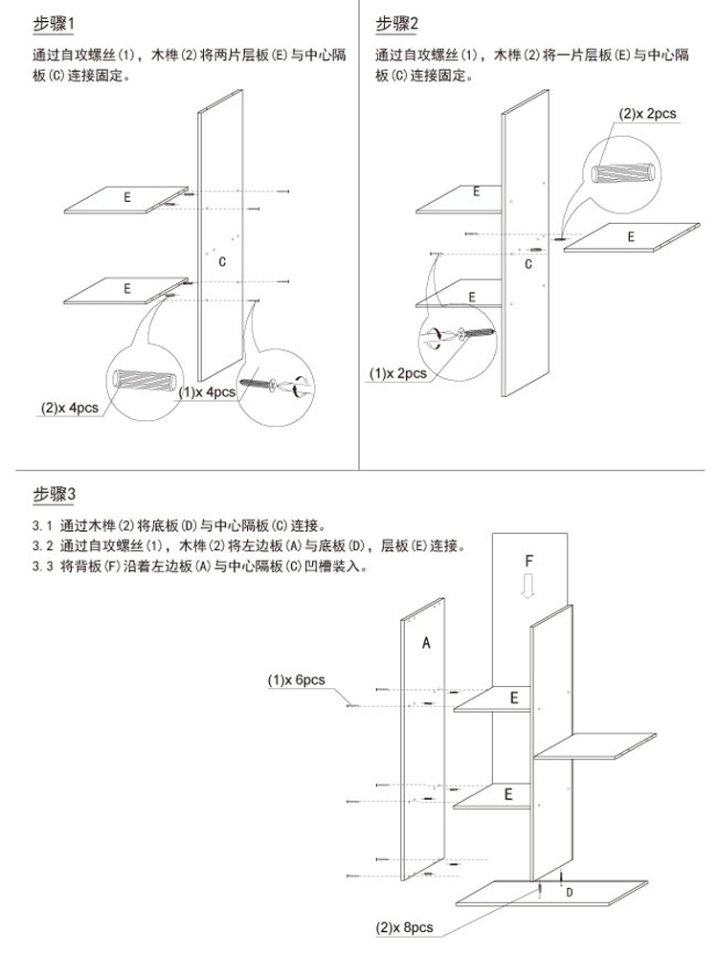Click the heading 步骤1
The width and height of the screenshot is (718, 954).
point(53,24)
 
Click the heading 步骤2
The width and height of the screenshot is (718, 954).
point(396,24)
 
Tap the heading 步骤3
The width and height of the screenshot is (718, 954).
point(55,494)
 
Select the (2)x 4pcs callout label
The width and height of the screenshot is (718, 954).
point(69,408)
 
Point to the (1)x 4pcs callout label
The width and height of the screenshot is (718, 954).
point(207,392)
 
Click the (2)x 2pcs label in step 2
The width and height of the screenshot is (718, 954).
point(647,114)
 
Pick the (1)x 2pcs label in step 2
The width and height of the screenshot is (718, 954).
point(398,373)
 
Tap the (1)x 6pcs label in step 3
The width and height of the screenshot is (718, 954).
point(297,679)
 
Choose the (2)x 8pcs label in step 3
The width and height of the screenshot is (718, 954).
point(404,928)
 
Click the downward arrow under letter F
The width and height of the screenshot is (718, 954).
point(528,585)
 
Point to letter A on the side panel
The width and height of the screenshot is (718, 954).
point(426,642)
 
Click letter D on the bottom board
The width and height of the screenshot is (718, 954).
point(570,893)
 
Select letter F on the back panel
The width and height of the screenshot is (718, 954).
point(528,561)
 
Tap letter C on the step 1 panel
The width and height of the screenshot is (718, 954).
point(222,261)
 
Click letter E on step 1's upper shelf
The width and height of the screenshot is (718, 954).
point(127,197)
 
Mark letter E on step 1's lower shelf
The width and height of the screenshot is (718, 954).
point(127,288)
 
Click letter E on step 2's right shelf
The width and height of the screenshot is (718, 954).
point(631,236)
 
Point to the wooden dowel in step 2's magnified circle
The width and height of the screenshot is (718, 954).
point(624,171)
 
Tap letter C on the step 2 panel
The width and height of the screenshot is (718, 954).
point(527,264)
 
